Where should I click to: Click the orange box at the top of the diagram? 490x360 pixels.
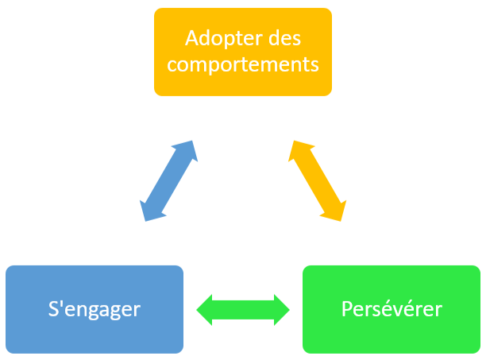tap(243, 52)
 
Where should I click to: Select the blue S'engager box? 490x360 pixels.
tap(95, 309)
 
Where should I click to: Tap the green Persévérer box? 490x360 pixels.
tap(392, 309)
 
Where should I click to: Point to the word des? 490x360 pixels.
tap(284, 38)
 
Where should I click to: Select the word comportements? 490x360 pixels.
tap(243, 65)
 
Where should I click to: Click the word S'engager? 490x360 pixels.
tap(95, 310)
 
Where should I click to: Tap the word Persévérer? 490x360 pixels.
tap(392, 308)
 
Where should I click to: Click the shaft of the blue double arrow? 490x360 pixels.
tap(168, 181)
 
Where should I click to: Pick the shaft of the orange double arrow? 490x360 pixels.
tap(317, 181)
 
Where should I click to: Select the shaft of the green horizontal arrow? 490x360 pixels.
tap(243, 310)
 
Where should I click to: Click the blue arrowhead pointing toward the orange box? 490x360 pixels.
tap(187, 150)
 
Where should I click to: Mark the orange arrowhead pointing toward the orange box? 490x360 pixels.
tap(299, 150)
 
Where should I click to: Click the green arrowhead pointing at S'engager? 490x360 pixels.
tap(204, 310)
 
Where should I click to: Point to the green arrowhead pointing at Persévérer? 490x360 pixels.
tap(282, 310)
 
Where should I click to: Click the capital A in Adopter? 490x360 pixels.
tap(191, 38)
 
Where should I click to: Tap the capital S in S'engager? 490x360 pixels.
tap(53, 308)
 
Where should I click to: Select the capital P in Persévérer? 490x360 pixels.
tap(346, 308)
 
